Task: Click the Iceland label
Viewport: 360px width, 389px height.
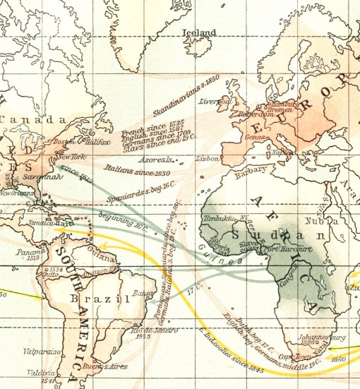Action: [199, 32]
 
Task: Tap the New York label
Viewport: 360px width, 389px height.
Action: [71, 156]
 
